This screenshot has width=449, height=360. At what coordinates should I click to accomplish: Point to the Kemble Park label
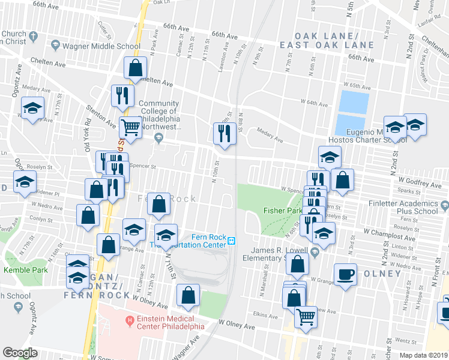(x=20, y=270)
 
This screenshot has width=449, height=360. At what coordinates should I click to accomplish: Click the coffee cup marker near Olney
(x=345, y=274)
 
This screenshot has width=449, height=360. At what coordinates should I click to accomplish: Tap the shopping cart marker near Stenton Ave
(x=130, y=127)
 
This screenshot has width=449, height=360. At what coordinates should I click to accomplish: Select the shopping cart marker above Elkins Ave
(x=306, y=316)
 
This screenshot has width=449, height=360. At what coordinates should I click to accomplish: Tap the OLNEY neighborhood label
(x=382, y=274)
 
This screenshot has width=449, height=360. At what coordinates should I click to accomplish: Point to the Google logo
(x=20, y=352)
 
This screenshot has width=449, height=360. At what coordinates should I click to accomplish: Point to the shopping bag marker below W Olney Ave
(x=188, y=296)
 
